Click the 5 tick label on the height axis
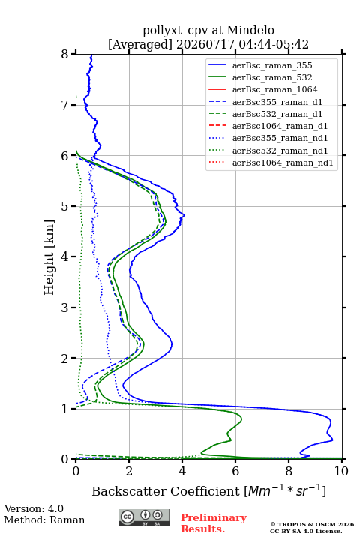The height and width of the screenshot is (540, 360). point(65,206)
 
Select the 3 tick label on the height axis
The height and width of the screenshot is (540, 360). point(65,307)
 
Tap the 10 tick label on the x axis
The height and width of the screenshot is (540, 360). point(341,471)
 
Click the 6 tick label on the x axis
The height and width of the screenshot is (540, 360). point(235,471)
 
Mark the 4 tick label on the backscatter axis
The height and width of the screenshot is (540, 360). point(182,471)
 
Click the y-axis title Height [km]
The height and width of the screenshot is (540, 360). point(49,257)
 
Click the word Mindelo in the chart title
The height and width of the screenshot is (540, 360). point(250,30)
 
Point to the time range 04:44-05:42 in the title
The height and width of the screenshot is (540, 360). point(272,44)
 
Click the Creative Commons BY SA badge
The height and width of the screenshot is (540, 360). point(144,518)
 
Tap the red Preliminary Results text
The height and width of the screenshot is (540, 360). point(214,523)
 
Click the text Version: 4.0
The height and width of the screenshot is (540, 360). point(34,509)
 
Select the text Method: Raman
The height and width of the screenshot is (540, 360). point(44,520)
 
